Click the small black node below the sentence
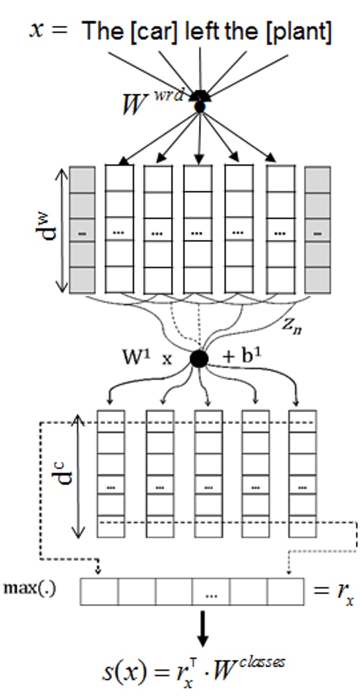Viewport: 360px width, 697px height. [200, 106]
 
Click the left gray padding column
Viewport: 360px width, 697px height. [82, 230]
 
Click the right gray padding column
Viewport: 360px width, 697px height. [317, 230]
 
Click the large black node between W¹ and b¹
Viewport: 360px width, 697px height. [199, 359]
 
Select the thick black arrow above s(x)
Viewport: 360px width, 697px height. [202, 630]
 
